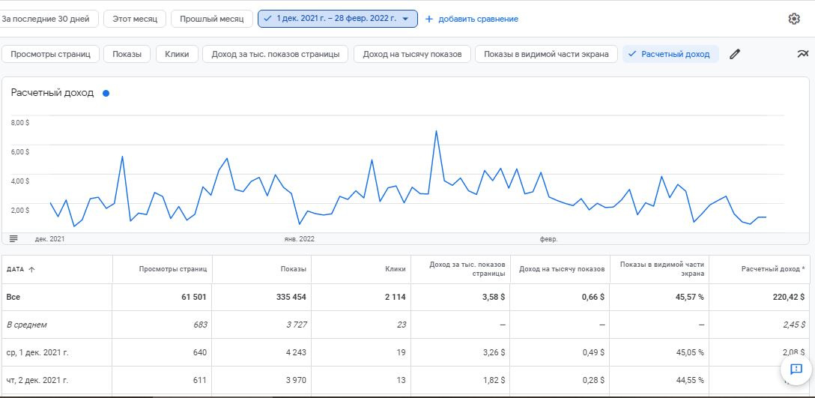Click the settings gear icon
(x=794, y=19)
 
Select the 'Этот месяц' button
(x=135, y=19)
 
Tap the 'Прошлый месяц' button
(x=211, y=19)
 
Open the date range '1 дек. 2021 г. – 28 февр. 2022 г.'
(x=337, y=19)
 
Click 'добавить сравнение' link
(x=472, y=19)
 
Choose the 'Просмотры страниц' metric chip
(x=51, y=54)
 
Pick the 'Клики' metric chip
(x=177, y=54)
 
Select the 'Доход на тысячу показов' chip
(x=412, y=54)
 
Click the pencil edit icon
(x=735, y=54)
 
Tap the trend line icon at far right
(x=803, y=54)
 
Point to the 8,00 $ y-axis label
(x=20, y=122)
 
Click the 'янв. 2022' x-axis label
(x=299, y=239)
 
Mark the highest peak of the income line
(x=436, y=131)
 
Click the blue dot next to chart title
(x=106, y=94)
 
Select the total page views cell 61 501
(x=193, y=297)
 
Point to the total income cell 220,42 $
(x=787, y=297)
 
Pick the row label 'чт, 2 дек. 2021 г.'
(x=42, y=379)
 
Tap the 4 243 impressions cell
(x=292, y=352)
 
